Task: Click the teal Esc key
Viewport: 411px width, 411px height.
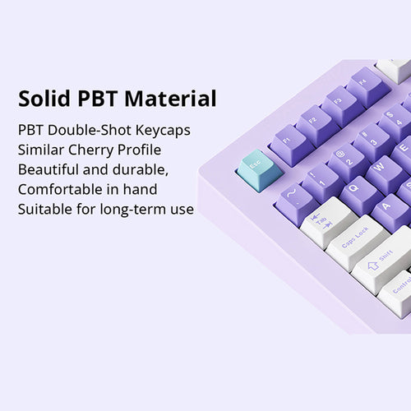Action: point(254,169)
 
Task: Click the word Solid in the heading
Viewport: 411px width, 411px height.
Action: point(44,99)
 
